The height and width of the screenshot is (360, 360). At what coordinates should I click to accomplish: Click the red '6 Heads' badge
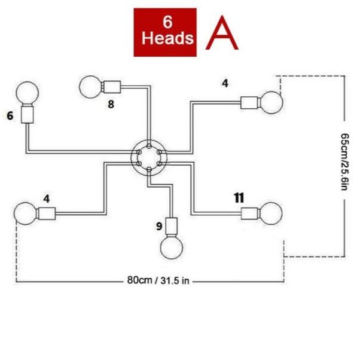[165, 32]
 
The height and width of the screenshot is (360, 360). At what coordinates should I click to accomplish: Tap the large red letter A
[222, 33]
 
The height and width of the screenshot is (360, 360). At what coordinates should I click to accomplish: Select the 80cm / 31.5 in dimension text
[158, 280]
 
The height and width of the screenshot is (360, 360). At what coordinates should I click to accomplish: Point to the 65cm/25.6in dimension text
[344, 161]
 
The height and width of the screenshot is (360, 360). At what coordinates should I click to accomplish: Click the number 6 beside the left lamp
[10, 115]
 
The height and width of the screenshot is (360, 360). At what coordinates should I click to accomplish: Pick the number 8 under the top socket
[111, 104]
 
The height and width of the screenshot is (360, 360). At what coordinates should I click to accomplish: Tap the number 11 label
[239, 198]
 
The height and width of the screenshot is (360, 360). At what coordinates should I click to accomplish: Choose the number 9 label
[159, 226]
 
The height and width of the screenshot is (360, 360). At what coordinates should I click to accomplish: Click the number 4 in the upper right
[225, 83]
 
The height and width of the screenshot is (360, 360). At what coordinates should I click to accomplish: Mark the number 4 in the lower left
[47, 199]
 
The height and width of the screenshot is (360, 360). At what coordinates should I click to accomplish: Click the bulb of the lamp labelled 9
[172, 248]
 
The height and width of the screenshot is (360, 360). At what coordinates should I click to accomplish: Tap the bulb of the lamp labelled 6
[28, 93]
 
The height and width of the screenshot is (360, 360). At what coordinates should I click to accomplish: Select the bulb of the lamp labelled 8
[90, 87]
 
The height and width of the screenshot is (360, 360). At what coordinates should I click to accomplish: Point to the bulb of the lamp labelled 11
[271, 213]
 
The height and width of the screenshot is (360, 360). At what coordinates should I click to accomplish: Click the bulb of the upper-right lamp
[271, 103]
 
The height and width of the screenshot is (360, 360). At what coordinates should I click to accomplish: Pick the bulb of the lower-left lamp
[26, 213]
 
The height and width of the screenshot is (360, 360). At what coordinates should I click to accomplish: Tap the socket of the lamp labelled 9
[171, 227]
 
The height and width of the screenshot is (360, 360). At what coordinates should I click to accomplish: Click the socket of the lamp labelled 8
[112, 87]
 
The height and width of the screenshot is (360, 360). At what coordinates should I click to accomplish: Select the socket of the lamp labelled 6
[28, 114]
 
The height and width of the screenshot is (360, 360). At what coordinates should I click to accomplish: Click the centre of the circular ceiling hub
[149, 158]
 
